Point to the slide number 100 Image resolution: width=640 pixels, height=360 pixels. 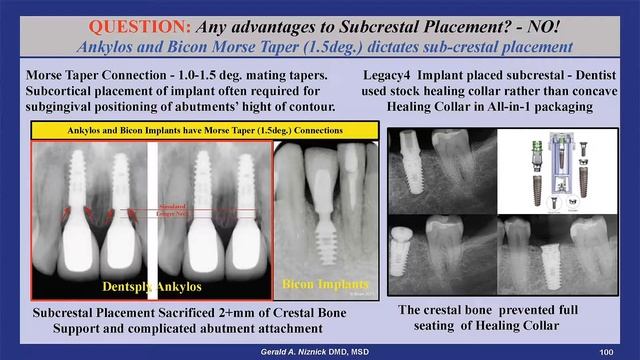pos(605,352)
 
